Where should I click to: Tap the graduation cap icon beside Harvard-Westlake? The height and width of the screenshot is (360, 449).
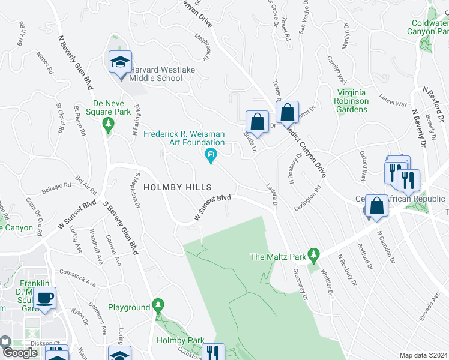click(120, 63)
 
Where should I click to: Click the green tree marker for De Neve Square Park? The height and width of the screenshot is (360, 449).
click(109, 125)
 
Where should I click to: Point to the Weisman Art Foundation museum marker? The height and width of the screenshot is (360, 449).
click(211, 157)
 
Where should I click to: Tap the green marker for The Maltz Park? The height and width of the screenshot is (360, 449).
click(313, 256)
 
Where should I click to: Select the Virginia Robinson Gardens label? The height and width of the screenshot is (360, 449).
click(352, 101)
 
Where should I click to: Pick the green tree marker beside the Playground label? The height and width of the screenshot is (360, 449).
click(158, 307)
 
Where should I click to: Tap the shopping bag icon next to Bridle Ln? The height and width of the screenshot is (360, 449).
click(257, 122)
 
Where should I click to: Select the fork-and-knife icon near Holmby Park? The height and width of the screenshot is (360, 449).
click(213, 353)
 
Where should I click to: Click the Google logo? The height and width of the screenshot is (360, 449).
click(20, 352)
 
